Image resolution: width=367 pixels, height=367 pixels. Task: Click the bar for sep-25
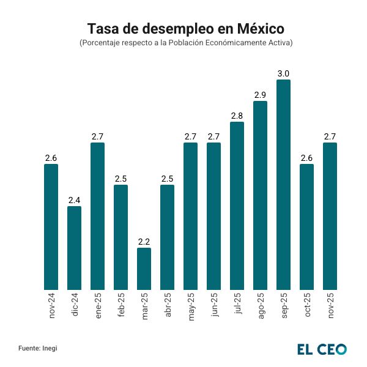tap(283, 185)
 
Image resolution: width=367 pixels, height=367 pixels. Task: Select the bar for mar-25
tap(144, 269)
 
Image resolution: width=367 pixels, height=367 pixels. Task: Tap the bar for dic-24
tap(74, 248)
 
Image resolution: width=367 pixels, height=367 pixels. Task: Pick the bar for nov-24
tap(51, 226)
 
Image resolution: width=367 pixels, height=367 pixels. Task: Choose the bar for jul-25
tap(237, 206)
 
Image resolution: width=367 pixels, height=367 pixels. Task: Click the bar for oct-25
tap(306, 226)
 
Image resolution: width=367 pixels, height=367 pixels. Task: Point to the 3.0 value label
tap(283, 74)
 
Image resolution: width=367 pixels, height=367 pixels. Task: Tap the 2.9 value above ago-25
tap(260, 95)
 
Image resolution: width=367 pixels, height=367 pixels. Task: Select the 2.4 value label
tap(74, 200)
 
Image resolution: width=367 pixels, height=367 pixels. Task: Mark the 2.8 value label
tap(237, 116)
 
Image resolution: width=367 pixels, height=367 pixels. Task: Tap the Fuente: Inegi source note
tap(38, 348)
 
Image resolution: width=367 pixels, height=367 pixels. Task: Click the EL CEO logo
tap(322, 349)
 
